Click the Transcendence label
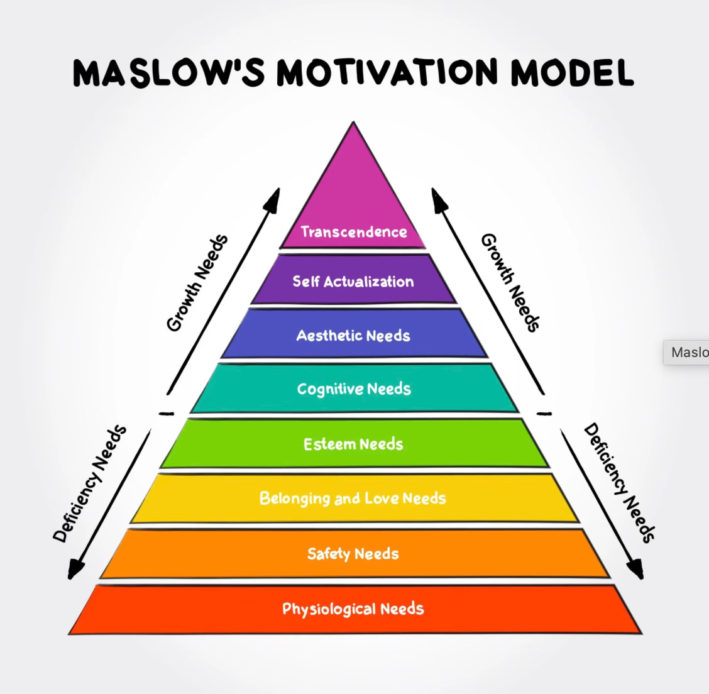point(353,232)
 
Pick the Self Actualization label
point(353,281)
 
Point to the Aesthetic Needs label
point(353,336)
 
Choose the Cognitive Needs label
point(354,389)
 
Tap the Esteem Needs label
point(353,444)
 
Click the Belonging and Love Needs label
point(353,498)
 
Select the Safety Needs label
point(353,554)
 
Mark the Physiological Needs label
point(353,609)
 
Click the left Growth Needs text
point(196,283)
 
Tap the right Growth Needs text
point(510,283)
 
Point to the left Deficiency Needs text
point(90,484)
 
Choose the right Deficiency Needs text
point(619,483)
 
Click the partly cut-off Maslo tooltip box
point(687,352)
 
